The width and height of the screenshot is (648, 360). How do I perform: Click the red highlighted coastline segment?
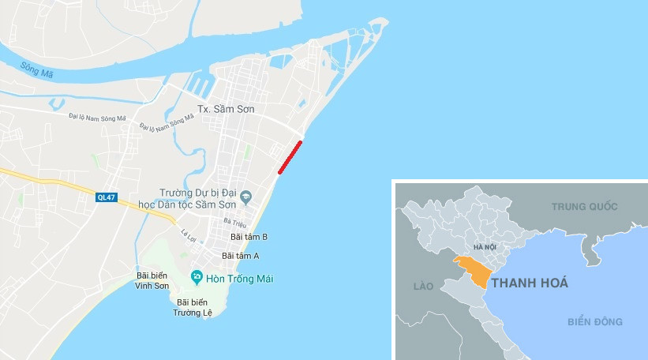pyautogui.click(x=290, y=156)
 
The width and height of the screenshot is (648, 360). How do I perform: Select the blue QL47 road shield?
pyautogui.click(x=106, y=197)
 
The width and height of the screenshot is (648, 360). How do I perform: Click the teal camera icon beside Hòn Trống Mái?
pyautogui.click(x=197, y=276)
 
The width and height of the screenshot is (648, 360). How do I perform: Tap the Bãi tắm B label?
pyautogui.click(x=249, y=237)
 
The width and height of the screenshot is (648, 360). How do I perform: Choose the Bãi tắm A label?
pyautogui.click(x=241, y=256)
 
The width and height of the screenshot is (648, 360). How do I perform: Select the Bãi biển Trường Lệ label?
pyautogui.click(x=197, y=307)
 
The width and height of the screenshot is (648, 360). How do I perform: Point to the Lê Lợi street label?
pyautogui.click(x=188, y=234)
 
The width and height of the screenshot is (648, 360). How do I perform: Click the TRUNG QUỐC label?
pyautogui.click(x=583, y=207)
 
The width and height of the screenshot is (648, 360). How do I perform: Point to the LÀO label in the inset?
pyautogui.click(x=423, y=285)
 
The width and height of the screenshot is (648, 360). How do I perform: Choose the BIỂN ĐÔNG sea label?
pyautogui.click(x=594, y=321)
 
